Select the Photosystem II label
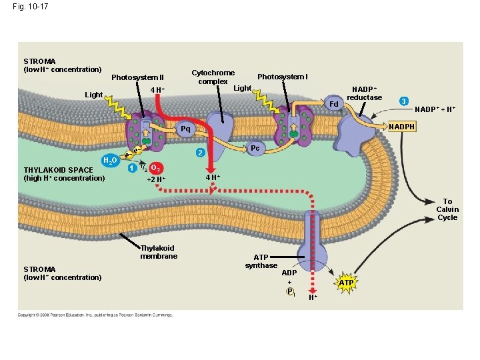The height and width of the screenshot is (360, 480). click(x=137, y=77)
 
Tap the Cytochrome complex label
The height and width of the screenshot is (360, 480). click(x=213, y=77)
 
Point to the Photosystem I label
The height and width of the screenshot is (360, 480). click(x=282, y=77)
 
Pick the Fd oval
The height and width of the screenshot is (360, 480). click(x=335, y=104)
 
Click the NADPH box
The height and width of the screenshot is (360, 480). click(x=402, y=126)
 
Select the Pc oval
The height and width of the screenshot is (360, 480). click(x=255, y=147)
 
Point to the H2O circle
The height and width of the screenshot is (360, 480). click(x=110, y=161)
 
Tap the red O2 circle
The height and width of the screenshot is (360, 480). click(x=155, y=167)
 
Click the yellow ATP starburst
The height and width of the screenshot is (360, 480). click(x=345, y=283)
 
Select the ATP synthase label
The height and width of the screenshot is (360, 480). click(x=261, y=261)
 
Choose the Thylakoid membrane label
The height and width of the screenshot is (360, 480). click(x=159, y=252)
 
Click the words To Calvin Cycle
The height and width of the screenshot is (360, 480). click(x=447, y=209)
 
